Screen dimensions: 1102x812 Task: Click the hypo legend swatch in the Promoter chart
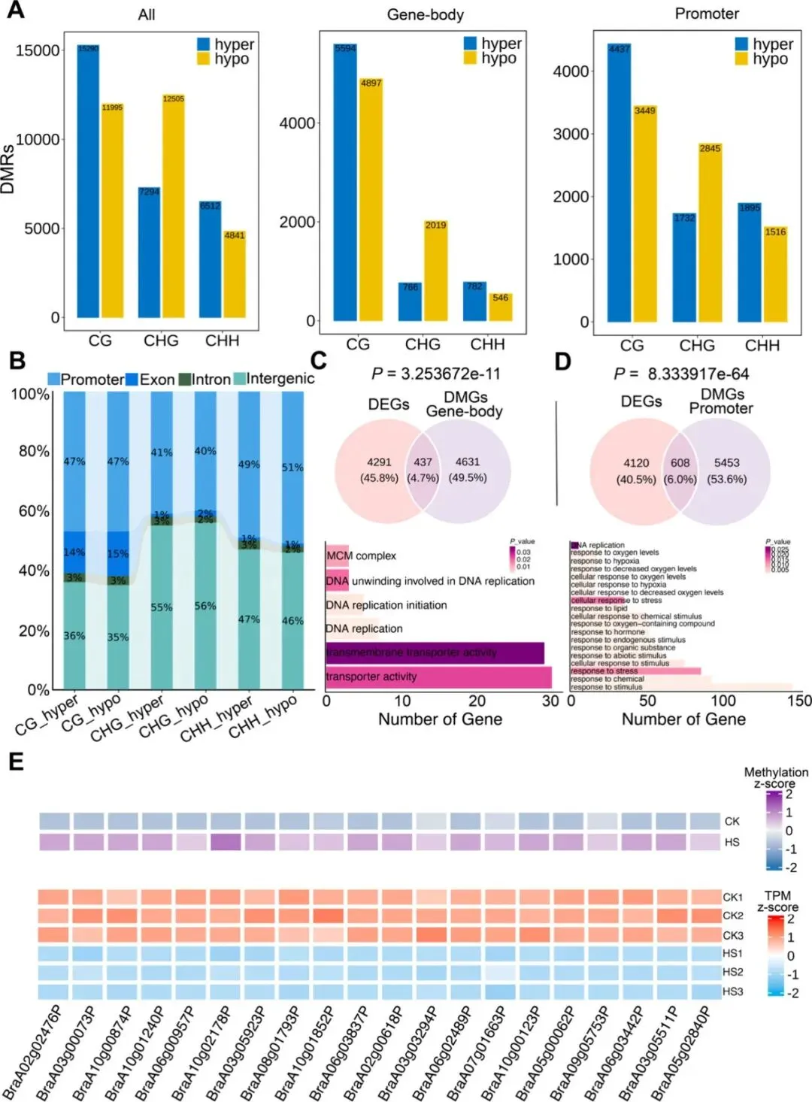tap(741, 59)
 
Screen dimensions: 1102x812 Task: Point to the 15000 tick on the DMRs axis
tap(38, 50)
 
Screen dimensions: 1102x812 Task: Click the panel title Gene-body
tap(425, 14)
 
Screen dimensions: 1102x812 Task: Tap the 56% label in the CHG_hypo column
tap(205, 606)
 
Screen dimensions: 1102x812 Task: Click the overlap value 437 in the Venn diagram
tap(423, 462)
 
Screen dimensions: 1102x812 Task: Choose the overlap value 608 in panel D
tap(680, 463)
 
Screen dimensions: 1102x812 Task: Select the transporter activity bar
tap(438, 677)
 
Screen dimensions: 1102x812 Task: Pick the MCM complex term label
tap(361, 556)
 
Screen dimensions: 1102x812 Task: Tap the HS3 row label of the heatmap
tap(732, 991)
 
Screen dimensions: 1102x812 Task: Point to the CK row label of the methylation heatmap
tap(732, 821)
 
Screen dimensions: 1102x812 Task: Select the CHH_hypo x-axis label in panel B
tap(262, 717)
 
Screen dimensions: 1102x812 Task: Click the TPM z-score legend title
tap(777, 901)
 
